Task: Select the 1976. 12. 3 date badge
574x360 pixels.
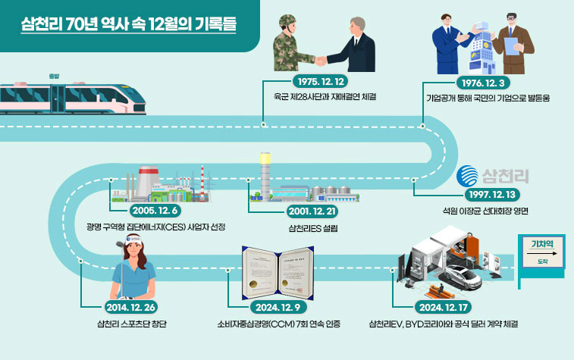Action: [x=480, y=82]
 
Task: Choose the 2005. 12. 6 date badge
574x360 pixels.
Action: [x=156, y=210]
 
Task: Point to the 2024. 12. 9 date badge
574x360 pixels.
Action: [x=280, y=308]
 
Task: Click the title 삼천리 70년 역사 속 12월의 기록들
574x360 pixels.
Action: [x=129, y=23]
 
